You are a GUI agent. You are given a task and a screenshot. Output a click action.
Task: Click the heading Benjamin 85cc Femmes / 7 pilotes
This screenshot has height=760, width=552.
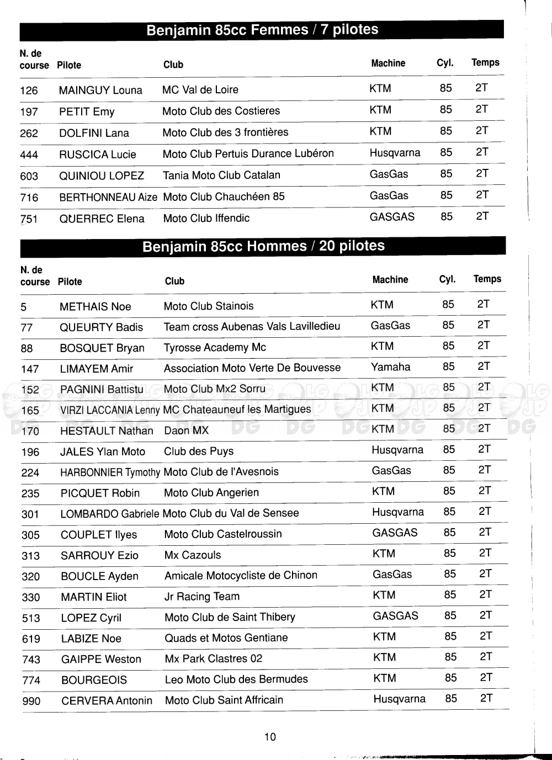click(x=262, y=30)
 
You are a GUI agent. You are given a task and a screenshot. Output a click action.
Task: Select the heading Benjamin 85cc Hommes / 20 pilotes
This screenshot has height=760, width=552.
click(x=263, y=246)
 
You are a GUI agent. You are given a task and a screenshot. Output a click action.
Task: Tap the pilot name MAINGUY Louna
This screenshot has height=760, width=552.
click(x=100, y=91)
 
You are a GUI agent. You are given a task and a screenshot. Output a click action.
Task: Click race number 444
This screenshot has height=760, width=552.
click(x=29, y=155)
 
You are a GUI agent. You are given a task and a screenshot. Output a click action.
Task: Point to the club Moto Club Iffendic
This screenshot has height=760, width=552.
click(x=206, y=219)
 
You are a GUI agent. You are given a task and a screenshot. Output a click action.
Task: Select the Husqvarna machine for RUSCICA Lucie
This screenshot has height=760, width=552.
click(x=395, y=153)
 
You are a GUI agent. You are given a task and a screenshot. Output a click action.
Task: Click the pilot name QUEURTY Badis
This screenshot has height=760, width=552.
click(x=101, y=327)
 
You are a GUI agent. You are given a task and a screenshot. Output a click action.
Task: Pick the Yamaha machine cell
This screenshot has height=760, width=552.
click(x=390, y=367)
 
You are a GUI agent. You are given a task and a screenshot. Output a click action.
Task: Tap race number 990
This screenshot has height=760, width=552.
click(x=31, y=701)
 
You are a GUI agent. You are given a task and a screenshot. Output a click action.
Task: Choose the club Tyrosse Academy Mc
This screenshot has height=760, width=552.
click(x=215, y=348)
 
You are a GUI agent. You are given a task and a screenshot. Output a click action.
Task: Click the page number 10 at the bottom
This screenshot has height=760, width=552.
click(x=270, y=737)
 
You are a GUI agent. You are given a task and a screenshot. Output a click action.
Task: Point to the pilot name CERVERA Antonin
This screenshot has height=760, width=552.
click(x=107, y=701)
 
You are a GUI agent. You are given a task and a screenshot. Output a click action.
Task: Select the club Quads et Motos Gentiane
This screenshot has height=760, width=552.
click(x=226, y=638)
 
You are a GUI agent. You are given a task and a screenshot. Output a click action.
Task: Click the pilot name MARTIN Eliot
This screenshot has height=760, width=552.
click(x=93, y=597)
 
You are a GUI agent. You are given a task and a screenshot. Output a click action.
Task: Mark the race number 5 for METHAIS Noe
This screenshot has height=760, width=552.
click(x=23, y=307)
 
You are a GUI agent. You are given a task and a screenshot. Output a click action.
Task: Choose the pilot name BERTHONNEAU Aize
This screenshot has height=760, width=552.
click(x=108, y=197)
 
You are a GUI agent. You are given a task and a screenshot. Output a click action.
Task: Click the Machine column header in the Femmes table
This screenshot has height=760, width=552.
click(x=388, y=63)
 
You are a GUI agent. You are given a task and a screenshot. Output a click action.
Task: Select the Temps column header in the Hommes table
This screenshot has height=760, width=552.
click(x=487, y=279)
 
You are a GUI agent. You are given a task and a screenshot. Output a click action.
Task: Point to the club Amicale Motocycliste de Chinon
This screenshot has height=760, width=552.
click(x=241, y=576)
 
